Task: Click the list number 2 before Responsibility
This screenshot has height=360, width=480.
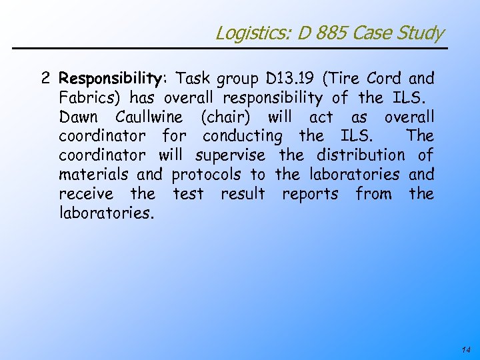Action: point(45,79)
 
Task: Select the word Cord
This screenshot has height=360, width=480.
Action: point(385,79)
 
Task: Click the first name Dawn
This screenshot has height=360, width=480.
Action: point(78,117)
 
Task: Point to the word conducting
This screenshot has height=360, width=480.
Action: point(243,137)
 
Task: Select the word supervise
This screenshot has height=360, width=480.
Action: point(230,156)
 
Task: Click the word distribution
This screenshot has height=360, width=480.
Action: point(360,155)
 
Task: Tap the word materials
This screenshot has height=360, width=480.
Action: point(95,175)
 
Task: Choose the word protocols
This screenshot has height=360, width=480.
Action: point(207,175)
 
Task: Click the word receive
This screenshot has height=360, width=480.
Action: point(85,194)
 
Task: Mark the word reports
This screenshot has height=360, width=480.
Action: point(310,195)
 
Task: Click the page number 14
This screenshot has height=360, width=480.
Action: point(465,349)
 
